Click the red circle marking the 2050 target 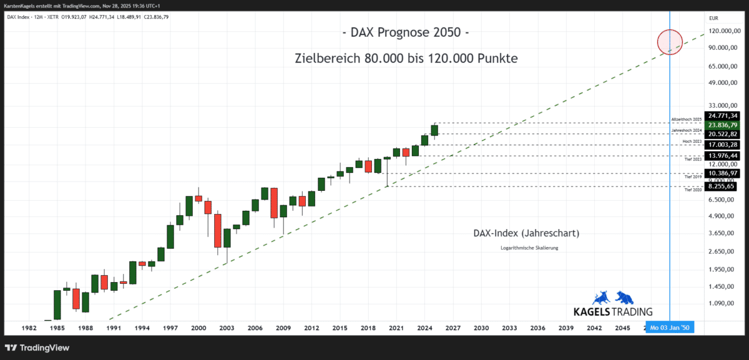tap(670, 42)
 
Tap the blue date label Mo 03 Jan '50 tap(670, 328)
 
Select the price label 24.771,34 tap(723, 115)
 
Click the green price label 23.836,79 tap(723, 125)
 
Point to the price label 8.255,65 tap(722, 186)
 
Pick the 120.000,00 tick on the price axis tap(723, 31)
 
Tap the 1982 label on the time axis tap(29, 328)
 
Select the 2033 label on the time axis tap(509, 328)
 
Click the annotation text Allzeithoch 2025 tap(687, 119)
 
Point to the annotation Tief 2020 tap(693, 190)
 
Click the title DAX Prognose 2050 tap(405, 32)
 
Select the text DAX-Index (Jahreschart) tap(527, 233)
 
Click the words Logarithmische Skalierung tap(529, 248)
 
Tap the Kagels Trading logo tap(612, 304)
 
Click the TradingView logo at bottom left tap(37, 348)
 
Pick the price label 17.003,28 tap(723, 145)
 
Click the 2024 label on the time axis tap(424, 328)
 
